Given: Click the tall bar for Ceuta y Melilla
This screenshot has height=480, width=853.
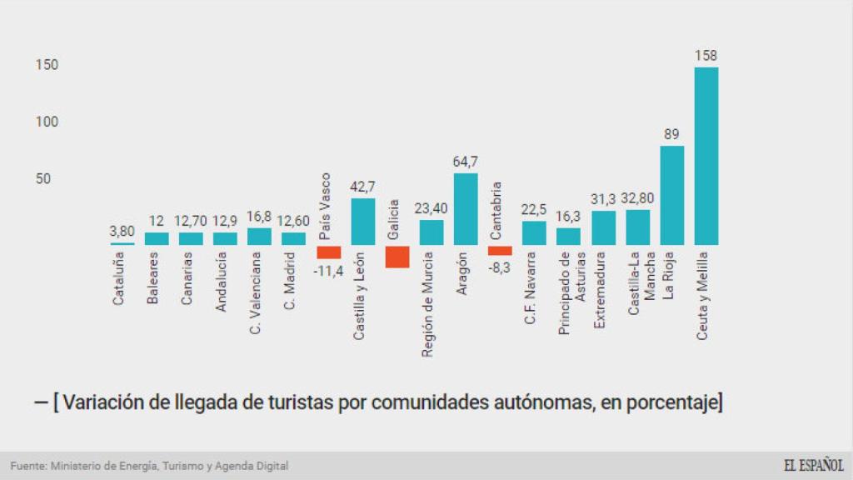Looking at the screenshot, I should point(706,157).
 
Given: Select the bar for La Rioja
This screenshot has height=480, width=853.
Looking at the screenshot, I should point(672,196).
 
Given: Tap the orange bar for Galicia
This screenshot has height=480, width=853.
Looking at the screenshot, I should point(397,257).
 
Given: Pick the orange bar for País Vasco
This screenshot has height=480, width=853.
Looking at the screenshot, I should point(329,252).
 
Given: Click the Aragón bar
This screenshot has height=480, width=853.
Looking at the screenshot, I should point(466,209).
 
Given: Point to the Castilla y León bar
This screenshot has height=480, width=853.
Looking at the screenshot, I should point(363,222).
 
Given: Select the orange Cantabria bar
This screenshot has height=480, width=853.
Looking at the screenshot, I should point(500,250).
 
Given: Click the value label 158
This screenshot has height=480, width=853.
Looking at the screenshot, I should point(706,56).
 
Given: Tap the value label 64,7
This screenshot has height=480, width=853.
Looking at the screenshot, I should point(466,162).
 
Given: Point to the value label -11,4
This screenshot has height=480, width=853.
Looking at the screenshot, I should point(329,270).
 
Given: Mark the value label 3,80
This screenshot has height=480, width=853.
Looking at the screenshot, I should point(122,231).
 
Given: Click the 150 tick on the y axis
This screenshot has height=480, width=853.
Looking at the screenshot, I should point(47,65).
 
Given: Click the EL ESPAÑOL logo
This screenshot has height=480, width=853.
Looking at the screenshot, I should point(813,466).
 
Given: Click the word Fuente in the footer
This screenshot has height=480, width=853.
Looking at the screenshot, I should point(27,466).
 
